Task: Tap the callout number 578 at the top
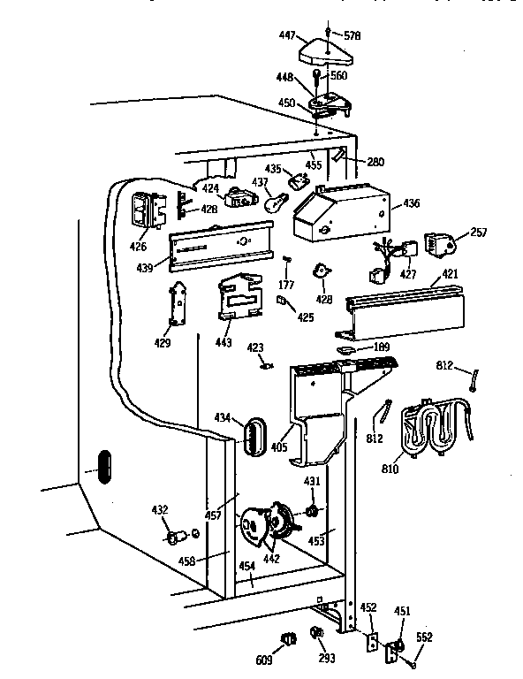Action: tap(352, 35)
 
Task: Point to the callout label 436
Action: tap(410, 203)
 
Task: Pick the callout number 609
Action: tap(263, 660)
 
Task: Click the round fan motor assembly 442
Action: tap(267, 525)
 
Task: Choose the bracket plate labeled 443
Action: tap(239, 296)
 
